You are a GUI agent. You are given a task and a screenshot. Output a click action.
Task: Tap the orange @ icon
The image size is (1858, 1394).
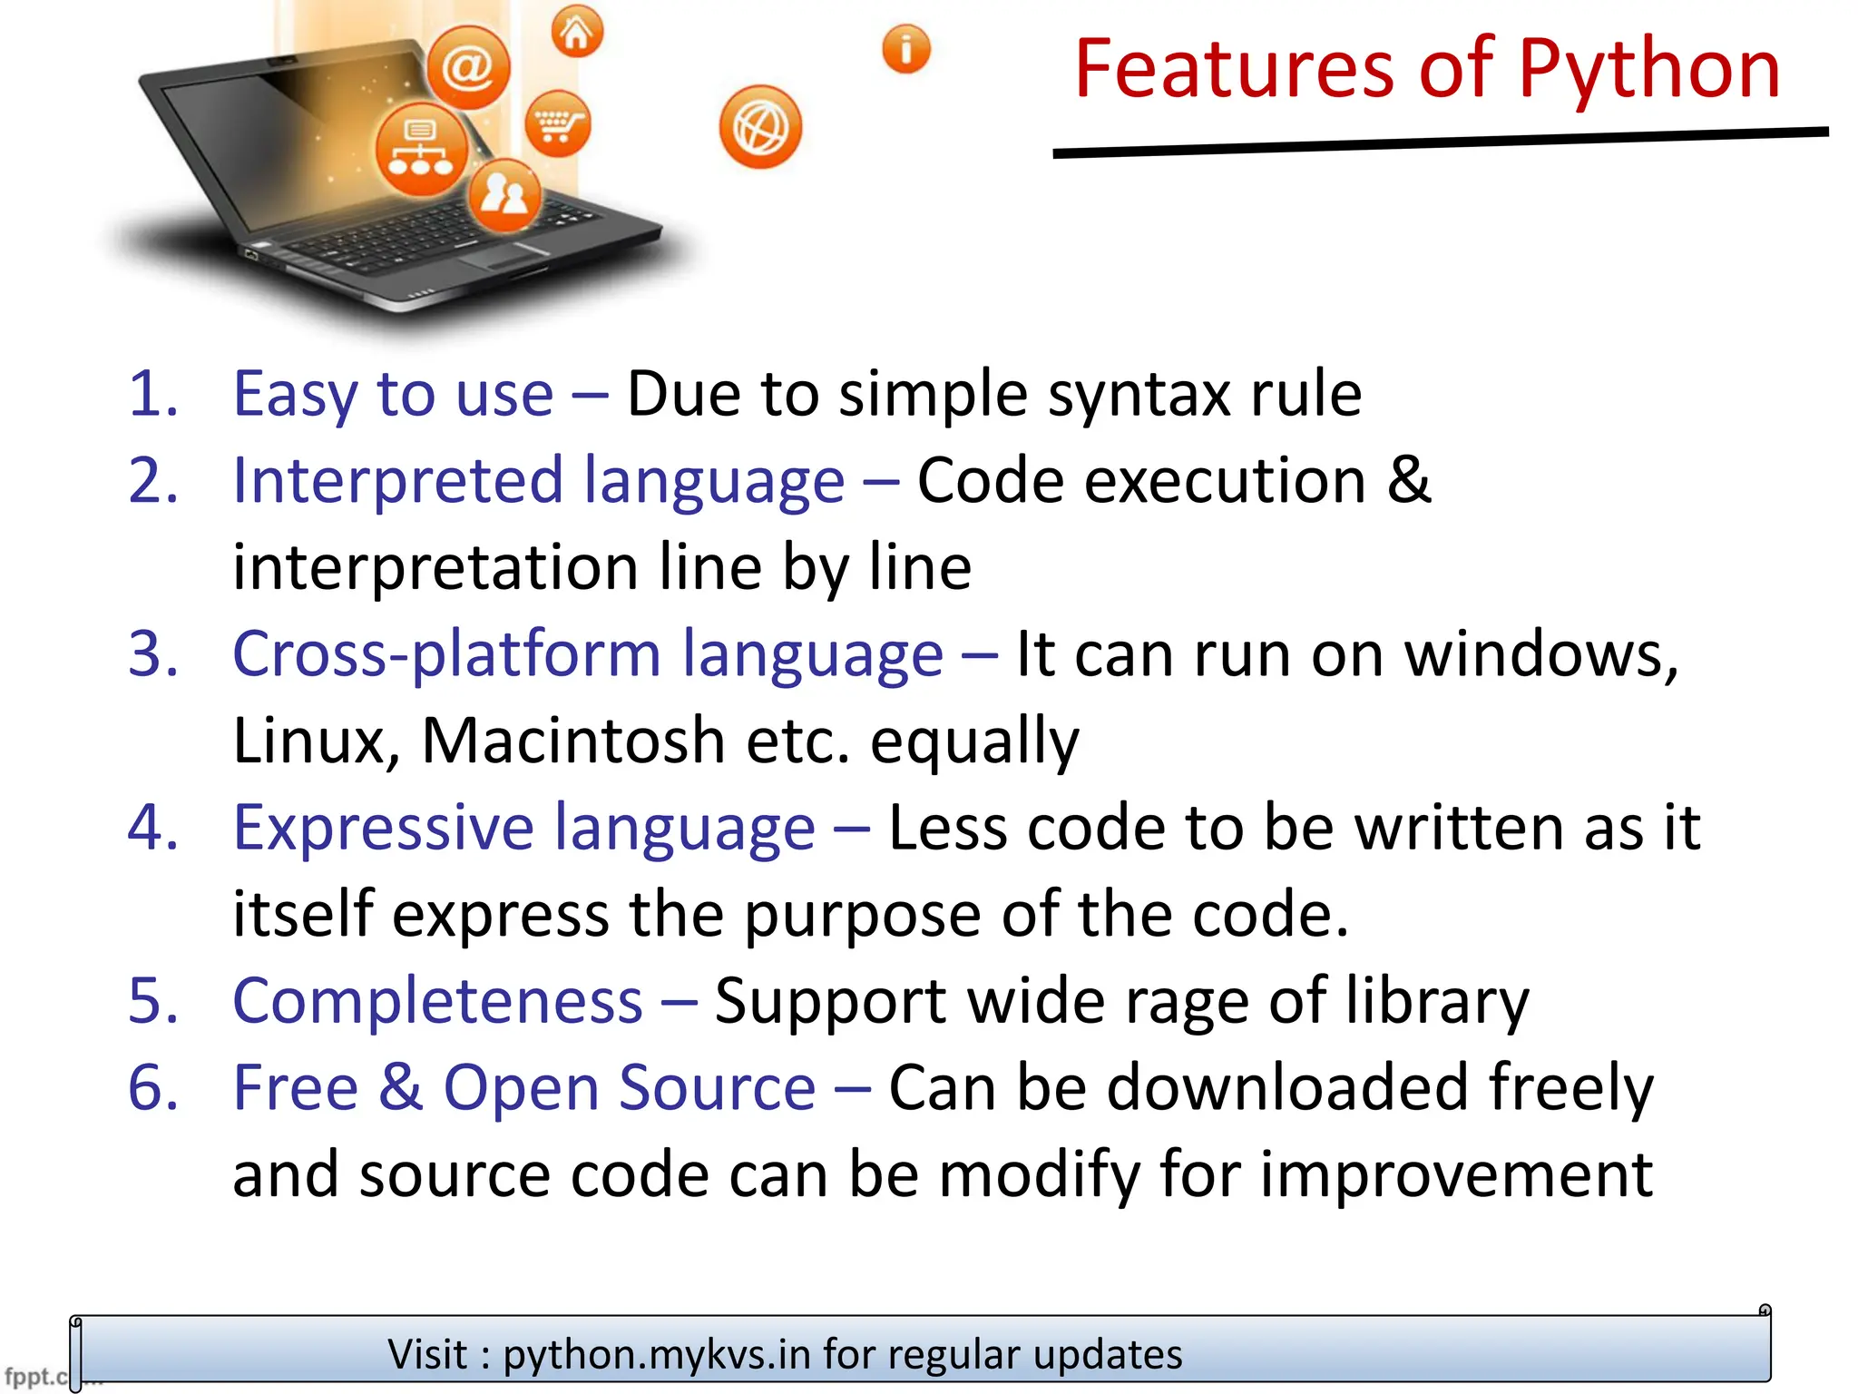point(468,67)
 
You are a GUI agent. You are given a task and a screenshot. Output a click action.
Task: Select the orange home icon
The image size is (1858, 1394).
point(577,33)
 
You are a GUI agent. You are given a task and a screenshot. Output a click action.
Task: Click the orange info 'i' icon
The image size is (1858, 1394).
point(905,49)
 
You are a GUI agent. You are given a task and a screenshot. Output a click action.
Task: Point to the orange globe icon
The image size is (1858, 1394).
point(760,128)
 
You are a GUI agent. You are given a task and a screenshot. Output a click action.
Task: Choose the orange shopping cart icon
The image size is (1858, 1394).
point(557,123)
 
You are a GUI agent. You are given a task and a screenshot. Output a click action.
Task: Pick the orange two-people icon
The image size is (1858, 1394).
point(504,194)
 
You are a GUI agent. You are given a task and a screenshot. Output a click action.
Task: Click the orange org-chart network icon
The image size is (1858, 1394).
point(421,150)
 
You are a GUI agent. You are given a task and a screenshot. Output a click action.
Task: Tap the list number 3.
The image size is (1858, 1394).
point(152,653)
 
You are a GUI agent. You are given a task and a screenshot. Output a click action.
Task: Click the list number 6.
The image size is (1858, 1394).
point(152,1087)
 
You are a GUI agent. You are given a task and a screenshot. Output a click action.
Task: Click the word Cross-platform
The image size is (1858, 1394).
point(446,653)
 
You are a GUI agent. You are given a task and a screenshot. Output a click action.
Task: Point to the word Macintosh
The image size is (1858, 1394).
point(573,741)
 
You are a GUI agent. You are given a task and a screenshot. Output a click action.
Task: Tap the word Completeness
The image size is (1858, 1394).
point(437,1001)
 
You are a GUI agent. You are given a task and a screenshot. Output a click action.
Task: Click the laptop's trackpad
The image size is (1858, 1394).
point(504,256)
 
